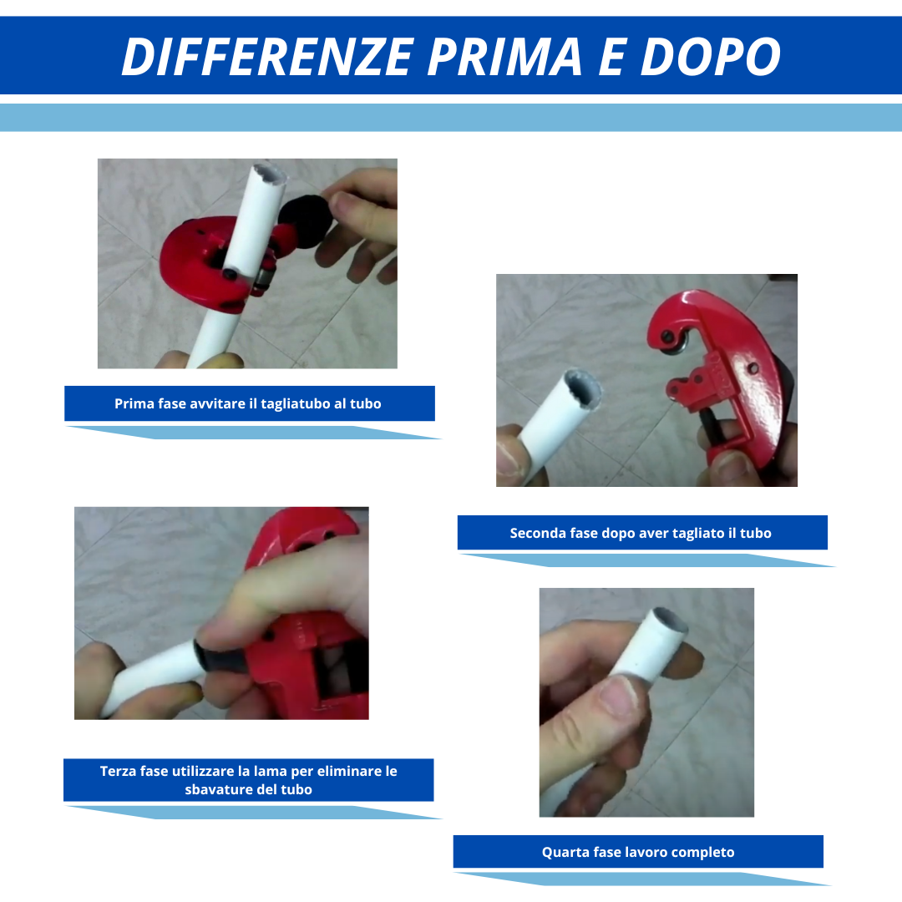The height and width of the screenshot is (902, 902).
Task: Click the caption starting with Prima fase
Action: click(x=249, y=403)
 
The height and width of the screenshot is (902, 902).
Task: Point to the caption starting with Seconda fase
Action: click(x=641, y=533)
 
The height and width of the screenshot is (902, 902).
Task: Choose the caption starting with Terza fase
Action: click(x=249, y=780)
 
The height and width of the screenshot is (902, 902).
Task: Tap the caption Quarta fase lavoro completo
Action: click(x=638, y=852)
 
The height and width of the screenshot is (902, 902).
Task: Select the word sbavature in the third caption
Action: click(x=215, y=789)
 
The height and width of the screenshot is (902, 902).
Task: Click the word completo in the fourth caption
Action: click(x=703, y=852)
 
